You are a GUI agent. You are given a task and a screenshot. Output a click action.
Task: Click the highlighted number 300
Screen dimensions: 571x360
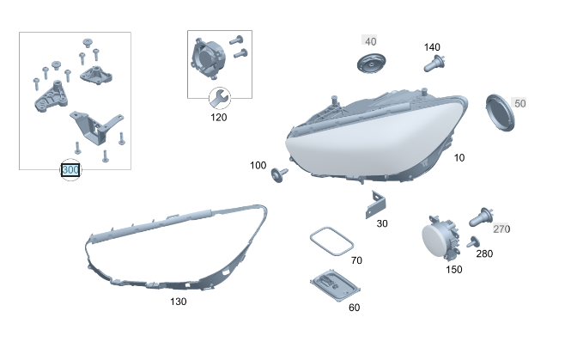[70, 170]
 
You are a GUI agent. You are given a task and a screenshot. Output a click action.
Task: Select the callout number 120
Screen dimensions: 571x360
[218, 118]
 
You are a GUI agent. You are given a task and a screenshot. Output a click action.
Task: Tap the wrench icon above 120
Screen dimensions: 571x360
[220, 98]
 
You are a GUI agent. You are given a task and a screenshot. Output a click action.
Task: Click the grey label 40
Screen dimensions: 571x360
[370, 41]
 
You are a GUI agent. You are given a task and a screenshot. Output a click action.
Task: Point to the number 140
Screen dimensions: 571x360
[432, 47]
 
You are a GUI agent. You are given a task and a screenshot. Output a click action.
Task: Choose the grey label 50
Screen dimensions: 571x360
[520, 103]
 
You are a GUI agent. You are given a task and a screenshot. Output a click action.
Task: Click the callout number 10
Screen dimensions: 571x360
[459, 158]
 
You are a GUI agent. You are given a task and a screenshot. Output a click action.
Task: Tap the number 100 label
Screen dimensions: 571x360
[258, 166]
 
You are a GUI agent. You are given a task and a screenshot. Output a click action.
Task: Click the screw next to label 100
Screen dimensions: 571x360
[279, 174]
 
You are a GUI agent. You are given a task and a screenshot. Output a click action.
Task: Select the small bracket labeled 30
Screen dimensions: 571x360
[376, 204]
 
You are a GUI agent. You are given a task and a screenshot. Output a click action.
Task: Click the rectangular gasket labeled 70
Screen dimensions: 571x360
[331, 241]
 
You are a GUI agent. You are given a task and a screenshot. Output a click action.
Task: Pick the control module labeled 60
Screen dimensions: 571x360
[335, 285]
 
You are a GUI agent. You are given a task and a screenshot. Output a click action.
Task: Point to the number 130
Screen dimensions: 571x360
[179, 302]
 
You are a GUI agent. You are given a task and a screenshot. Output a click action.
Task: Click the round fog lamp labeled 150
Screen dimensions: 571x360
[441, 237]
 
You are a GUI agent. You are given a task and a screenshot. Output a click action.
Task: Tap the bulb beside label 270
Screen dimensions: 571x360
[482, 217]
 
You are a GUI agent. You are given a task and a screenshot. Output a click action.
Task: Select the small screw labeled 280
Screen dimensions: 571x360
[473, 242]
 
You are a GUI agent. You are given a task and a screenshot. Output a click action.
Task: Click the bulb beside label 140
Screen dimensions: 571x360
[434, 64]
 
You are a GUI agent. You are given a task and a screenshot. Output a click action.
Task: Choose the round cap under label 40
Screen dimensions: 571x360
[371, 63]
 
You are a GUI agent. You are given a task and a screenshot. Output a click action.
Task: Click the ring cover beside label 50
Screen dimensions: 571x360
[500, 113]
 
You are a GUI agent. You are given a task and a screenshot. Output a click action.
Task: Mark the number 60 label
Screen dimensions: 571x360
[354, 308]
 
